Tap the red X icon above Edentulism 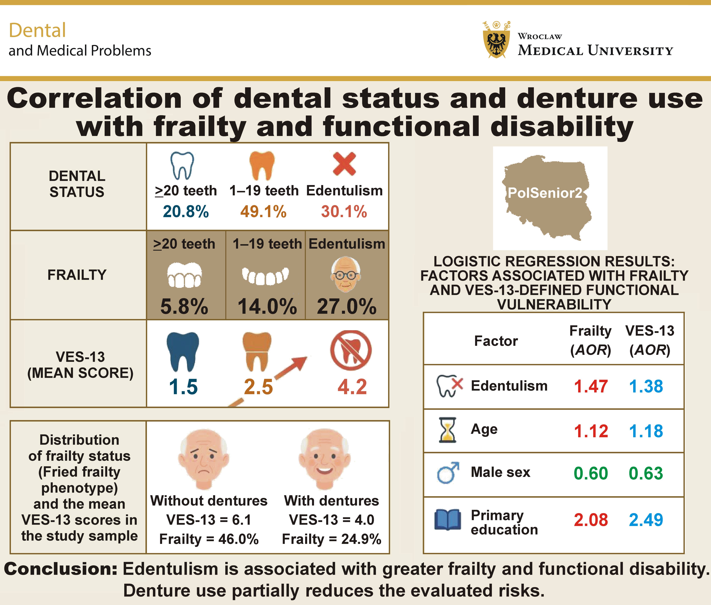tap(344, 164)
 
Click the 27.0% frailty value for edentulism tap(347, 306)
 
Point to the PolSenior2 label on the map tap(545, 193)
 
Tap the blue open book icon tap(447, 520)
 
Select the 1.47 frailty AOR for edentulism tap(591, 386)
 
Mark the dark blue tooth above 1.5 tap(183, 351)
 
